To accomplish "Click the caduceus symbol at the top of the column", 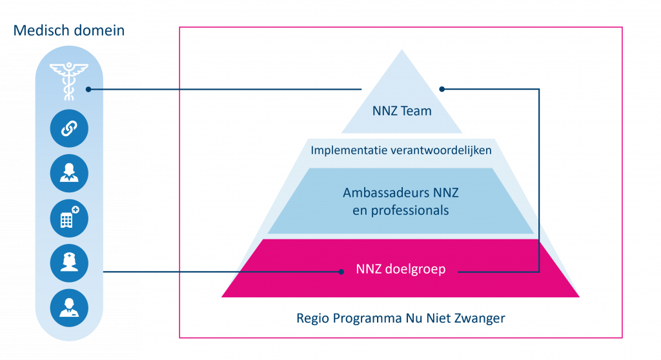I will point(68,81).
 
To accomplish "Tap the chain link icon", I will point(68,129).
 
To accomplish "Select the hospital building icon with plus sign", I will point(68,219).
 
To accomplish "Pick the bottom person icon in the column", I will point(68,307).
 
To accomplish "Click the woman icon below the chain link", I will point(68,174).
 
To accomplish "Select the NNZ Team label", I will point(402,111).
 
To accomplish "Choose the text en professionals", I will point(400,210).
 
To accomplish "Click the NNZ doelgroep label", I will point(400,270).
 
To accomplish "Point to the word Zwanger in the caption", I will point(482,318).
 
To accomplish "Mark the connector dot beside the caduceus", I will point(88,89).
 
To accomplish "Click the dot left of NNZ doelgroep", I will point(342,272).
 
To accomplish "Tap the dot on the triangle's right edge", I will point(442,89).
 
